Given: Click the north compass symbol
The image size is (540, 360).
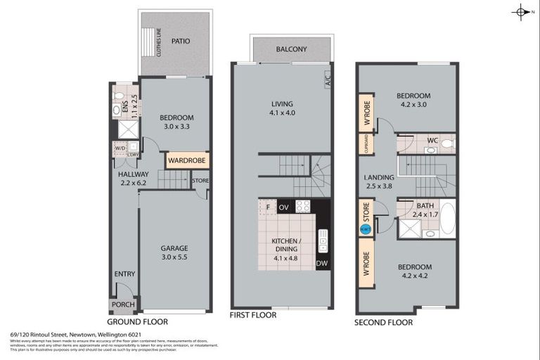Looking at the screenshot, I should (x=521, y=12).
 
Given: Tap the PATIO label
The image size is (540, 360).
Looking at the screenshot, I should (x=181, y=41).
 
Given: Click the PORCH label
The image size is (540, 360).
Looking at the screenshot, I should (x=124, y=305).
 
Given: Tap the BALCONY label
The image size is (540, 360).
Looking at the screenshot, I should (x=291, y=50).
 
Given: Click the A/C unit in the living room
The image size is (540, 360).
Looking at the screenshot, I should (x=327, y=79).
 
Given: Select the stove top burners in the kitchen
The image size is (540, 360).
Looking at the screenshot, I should (x=302, y=207).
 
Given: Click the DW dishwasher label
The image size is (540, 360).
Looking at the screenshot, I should (x=322, y=264).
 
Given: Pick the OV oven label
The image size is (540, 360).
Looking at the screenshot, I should (x=284, y=207).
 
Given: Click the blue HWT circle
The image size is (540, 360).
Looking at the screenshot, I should (x=365, y=229).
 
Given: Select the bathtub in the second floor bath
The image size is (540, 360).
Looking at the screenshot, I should (x=447, y=219).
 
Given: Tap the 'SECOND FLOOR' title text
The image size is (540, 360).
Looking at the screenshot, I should (x=384, y=323).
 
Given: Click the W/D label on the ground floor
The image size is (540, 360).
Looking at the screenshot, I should (x=119, y=148).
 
